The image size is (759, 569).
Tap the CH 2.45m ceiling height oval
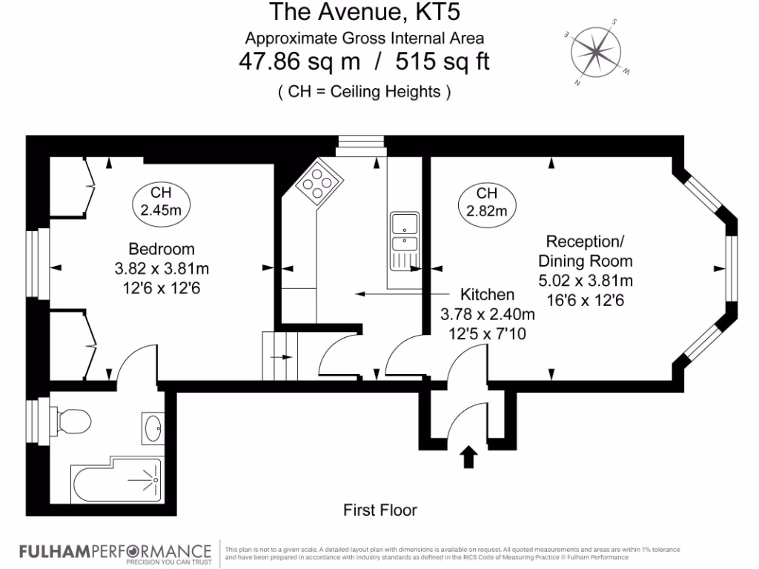tap(161, 200)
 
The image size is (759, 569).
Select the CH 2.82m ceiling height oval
tap(487, 202)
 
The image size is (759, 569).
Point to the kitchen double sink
tap(404, 232)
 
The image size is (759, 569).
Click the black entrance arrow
tap(468, 456)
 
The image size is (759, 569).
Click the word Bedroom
tap(162, 248)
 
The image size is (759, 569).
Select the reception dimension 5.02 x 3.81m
tap(585, 280)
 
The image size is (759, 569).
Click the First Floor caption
tap(379, 510)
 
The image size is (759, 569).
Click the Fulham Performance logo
tap(115, 552)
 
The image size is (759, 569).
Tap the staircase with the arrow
tap(280, 356)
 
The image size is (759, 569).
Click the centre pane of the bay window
tap(731, 267)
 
